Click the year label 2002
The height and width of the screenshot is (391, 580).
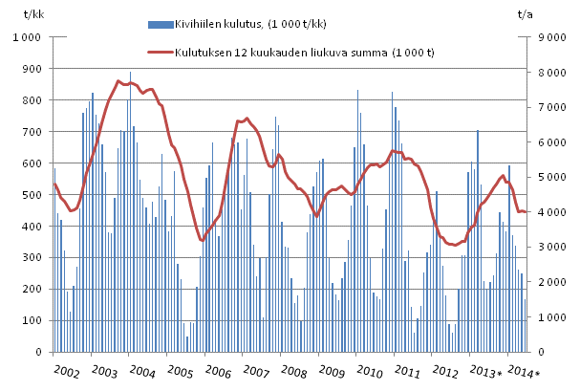[67, 370]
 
